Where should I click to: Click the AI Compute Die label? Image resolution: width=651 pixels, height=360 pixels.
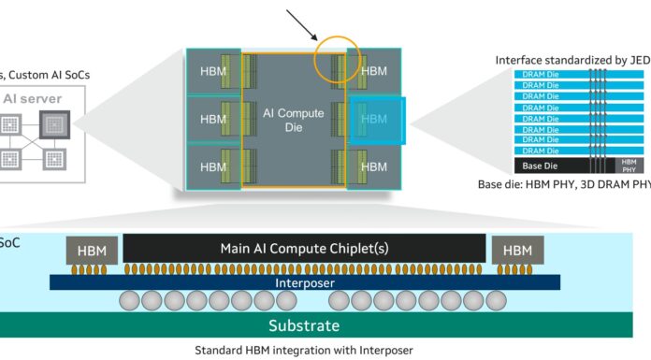click(x=293, y=120)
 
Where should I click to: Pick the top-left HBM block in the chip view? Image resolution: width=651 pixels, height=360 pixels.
click(x=213, y=71)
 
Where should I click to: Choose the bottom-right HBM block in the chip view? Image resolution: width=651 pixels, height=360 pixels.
click(x=373, y=166)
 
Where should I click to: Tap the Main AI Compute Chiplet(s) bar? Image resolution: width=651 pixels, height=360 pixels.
click(x=304, y=248)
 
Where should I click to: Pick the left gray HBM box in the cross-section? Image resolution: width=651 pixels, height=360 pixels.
click(x=91, y=251)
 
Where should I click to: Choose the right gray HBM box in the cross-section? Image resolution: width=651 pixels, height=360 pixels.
click(x=516, y=251)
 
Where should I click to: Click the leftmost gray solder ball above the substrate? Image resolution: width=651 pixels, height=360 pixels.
click(x=130, y=301)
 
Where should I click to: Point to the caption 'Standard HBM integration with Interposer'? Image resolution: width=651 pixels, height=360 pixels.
click(x=303, y=351)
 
